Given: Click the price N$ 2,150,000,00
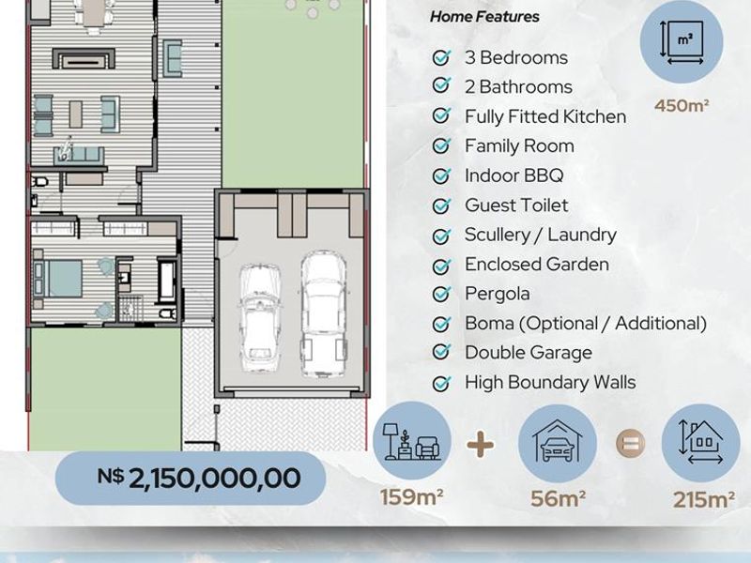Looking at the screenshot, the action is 199,478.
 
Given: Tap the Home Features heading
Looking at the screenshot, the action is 484,17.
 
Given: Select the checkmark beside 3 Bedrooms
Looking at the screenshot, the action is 440,57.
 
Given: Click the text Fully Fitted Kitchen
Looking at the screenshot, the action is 545,116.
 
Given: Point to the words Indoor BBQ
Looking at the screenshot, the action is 513,175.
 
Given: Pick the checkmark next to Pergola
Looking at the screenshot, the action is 440,294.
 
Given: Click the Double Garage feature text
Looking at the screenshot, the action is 529,353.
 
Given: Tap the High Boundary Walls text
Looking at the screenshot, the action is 550,382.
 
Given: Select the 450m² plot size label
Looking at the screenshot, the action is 682,105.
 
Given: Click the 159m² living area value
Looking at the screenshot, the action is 411,497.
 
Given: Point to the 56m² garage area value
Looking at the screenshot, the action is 558,498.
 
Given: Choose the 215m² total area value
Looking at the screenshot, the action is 703,500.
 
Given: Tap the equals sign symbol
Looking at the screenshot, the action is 630,443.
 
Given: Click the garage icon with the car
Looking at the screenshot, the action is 558,443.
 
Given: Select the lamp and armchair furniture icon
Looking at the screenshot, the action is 412,440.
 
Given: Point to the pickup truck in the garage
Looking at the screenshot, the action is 323,313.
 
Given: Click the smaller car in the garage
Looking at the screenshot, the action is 260,318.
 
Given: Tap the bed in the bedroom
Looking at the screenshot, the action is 58,279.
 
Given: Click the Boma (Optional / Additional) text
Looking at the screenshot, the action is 586,323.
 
